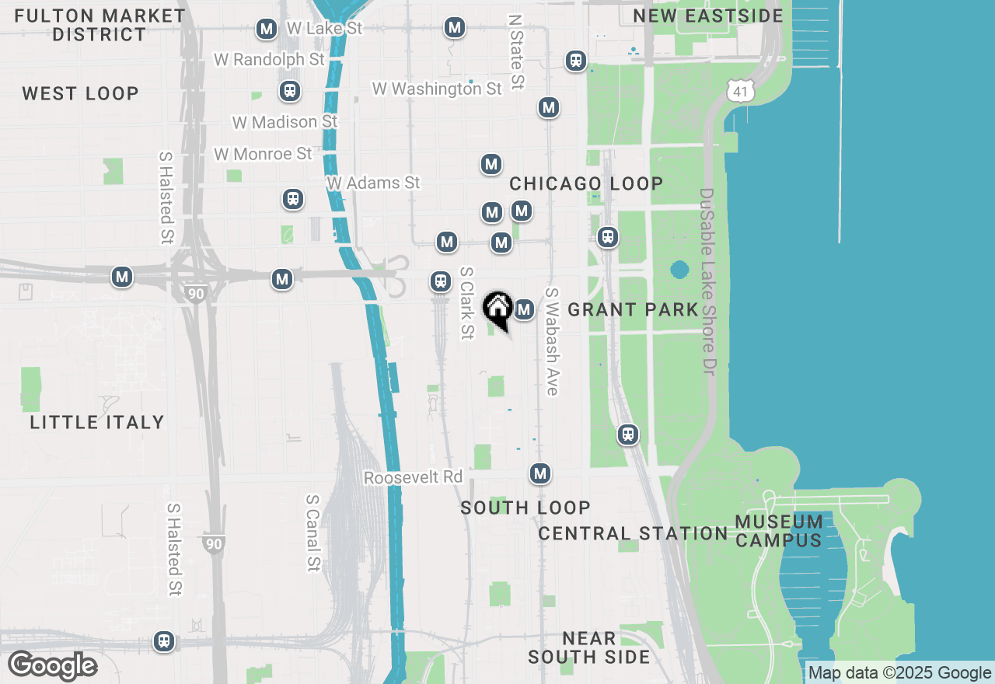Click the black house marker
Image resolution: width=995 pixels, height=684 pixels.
497,309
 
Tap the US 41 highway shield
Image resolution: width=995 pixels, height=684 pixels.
741,90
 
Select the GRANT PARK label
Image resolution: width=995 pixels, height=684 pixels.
633,309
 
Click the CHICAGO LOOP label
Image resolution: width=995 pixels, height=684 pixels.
586,183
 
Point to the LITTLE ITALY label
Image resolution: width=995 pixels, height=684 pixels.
97,422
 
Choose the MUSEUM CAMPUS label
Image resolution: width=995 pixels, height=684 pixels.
779,530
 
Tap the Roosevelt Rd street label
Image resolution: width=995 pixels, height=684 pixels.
413,477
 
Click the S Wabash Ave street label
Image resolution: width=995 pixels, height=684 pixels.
552,341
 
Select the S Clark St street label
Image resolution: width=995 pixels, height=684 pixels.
466,303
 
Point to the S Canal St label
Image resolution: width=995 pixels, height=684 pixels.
313,533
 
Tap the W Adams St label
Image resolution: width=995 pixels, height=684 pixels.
373,183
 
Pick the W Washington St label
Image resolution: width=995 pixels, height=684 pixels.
437,89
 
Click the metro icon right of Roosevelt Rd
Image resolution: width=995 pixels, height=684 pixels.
540,473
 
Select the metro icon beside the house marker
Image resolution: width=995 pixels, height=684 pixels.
524,309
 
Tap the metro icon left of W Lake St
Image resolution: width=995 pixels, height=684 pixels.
267,29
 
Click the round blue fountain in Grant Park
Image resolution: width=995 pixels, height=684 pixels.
679,270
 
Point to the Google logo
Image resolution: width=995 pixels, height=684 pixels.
52,666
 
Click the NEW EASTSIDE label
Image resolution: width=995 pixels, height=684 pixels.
707,16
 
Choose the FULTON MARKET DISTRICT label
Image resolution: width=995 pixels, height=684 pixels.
99,25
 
